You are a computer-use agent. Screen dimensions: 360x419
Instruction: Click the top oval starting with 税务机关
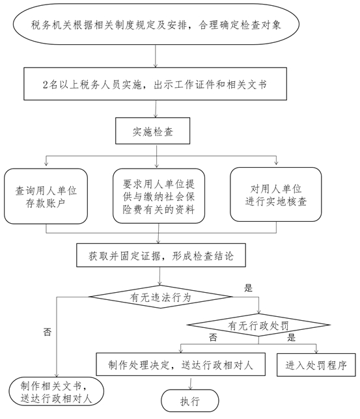(x=156, y=24)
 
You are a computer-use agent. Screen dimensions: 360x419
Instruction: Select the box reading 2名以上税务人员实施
(x=155, y=84)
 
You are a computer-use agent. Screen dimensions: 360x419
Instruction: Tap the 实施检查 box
(x=153, y=131)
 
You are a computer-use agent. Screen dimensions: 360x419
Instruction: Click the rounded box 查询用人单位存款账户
(x=46, y=196)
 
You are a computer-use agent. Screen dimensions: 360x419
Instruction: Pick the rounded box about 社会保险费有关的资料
(x=159, y=196)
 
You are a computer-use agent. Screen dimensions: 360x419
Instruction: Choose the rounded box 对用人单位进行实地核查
(x=276, y=195)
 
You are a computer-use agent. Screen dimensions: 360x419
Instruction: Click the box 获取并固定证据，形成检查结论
(x=161, y=255)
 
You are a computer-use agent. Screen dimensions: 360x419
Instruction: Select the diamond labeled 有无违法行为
(x=161, y=297)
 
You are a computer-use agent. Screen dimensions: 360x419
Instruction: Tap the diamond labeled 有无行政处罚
(x=258, y=325)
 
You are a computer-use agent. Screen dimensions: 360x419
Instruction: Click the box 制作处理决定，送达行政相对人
(x=181, y=364)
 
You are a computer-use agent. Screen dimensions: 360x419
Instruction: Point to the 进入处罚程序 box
(x=316, y=365)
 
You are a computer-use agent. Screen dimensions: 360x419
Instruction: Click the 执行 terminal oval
(x=190, y=401)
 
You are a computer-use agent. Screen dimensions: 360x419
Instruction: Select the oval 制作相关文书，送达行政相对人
(x=56, y=392)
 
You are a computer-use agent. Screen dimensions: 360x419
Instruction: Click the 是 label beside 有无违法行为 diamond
(x=248, y=288)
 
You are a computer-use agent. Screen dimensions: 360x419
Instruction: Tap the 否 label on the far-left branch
(x=48, y=332)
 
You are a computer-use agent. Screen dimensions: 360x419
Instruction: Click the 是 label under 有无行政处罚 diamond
(x=291, y=338)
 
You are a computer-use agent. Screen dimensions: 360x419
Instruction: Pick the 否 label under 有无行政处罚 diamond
(x=213, y=338)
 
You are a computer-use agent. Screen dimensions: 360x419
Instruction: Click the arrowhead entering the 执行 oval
(x=191, y=388)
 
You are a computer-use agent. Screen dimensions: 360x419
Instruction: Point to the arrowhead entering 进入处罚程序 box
(x=316, y=351)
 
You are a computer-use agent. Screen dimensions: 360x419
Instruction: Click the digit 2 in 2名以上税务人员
(x=45, y=85)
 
